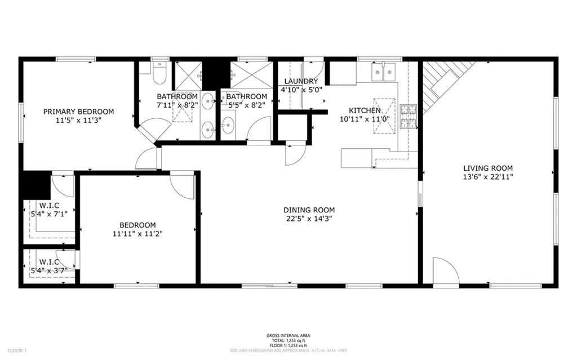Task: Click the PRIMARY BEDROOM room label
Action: point(78,112)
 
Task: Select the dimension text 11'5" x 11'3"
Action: point(78,119)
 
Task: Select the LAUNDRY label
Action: point(301,82)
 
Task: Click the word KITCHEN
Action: point(365,110)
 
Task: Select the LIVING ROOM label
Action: point(488,168)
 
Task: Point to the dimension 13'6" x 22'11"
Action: point(488,176)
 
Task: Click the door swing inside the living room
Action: point(442,270)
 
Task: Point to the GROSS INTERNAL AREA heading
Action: point(288,336)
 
